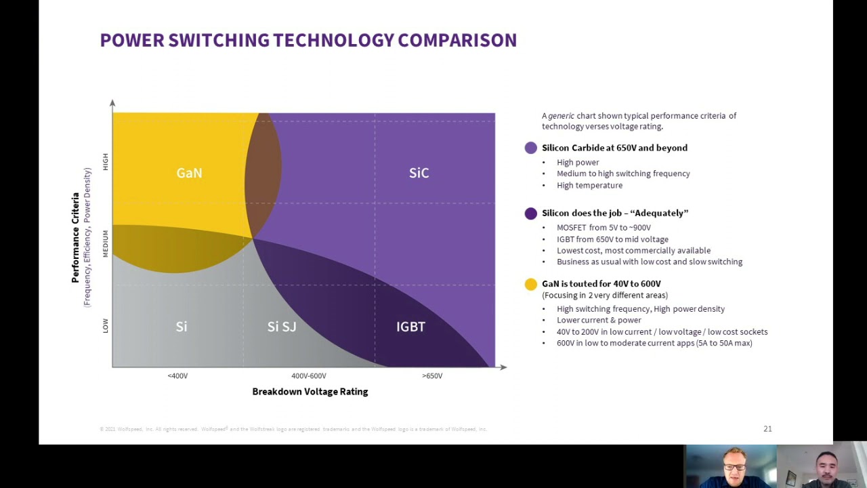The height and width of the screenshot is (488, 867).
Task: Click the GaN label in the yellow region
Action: pyautogui.click(x=189, y=173)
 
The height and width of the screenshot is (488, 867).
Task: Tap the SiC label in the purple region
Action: pyautogui.click(x=419, y=173)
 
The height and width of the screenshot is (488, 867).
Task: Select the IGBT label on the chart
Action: pyautogui.click(x=410, y=327)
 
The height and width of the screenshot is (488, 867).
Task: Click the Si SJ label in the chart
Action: pyautogui.click(x=282, y=327)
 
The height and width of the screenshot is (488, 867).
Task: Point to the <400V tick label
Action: pyautogui.click(x=177, y=375)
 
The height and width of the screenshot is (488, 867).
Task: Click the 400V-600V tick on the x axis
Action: pyautogui.click(x=309, y=375)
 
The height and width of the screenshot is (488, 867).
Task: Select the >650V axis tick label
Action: pyautogui.click(x=432, y=375)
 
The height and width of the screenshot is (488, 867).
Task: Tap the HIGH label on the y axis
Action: pyautogui.click(x=105, y=161)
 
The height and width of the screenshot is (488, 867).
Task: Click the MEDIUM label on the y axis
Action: pyautogui.click(x=105, y=243)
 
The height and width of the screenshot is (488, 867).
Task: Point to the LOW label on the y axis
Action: pyautogui.click(x=105, y=326)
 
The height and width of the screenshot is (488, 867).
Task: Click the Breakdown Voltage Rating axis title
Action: pyautogui.click(x=310, y=392)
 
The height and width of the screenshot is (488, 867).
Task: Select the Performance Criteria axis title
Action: pyautogui.click(x=76, y=238)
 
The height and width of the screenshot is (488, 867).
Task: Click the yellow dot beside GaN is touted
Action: pyautogui.click(x=530, y=284)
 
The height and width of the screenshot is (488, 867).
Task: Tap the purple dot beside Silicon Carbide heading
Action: pyautogui.click(x=530, y=148)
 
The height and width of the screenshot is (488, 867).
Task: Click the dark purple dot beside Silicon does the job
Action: pyautogui.click(x=530, y=213)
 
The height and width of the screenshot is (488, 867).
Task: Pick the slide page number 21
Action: pyautogui.click(x=767, y=428)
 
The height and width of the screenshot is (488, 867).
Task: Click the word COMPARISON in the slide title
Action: pyautogui.click(x=457, y=41)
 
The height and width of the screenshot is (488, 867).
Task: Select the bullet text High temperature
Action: pyautogui.click(x=589, y=185)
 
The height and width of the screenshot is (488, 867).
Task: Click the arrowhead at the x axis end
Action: pyautogui.click(x=503, y=367)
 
